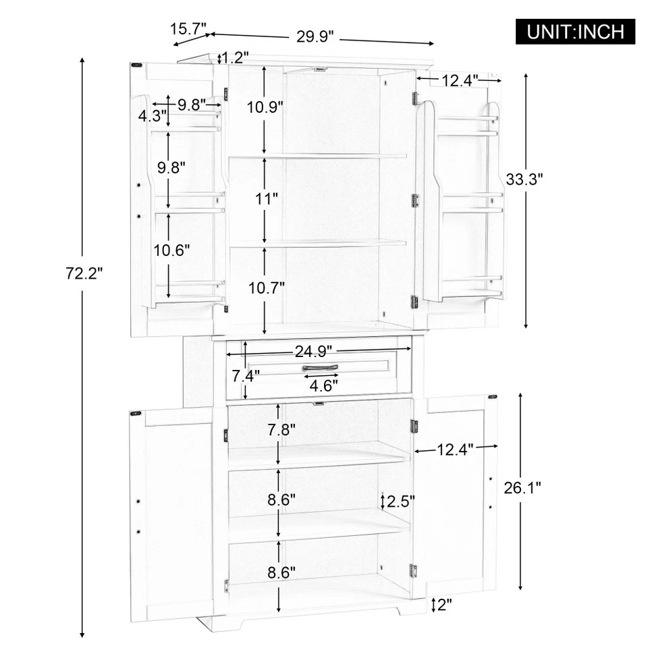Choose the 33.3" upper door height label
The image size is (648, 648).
point(524,179)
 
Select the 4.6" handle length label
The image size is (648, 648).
point(324,385)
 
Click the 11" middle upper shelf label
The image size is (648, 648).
point(267,199)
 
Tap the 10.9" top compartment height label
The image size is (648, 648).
point(265,107)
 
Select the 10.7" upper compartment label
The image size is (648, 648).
point(266,286)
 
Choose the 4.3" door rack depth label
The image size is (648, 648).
point(150,116)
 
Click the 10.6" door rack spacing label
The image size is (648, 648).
point(171,250)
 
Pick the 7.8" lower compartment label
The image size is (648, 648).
point(279,429)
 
